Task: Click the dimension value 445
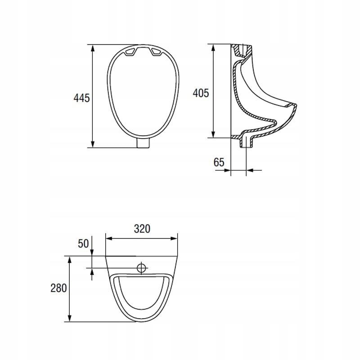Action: point(81,98)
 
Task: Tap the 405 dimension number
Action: point(201,93)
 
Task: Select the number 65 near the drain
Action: point(219,162)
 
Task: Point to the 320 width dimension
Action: point(142,229)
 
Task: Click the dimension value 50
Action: point(83,243)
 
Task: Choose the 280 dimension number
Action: point(58,288)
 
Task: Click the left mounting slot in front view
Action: point(130,52)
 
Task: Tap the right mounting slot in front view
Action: point(157,52)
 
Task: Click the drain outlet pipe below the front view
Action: point(144,143)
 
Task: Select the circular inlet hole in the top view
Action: point(141,268)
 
